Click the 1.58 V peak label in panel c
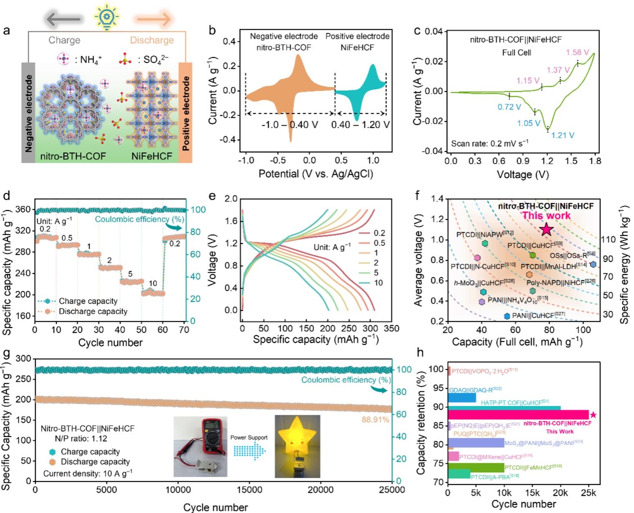click(577, 53)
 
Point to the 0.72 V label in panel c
click(509, 107)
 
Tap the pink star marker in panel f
click(547, 229)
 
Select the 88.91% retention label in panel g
click(375, 419)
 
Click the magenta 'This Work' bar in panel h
click(518, 414)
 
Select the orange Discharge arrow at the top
click(152, 19)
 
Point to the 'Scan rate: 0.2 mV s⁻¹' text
click(489, 144)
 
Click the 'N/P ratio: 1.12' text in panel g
click(81, 439)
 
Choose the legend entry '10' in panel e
click(378, 283)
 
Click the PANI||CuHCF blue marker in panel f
click(507, 316)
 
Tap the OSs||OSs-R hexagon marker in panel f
click(593, 264)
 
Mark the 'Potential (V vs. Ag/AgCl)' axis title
click(316, 174)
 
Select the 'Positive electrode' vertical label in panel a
click(186, 113)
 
